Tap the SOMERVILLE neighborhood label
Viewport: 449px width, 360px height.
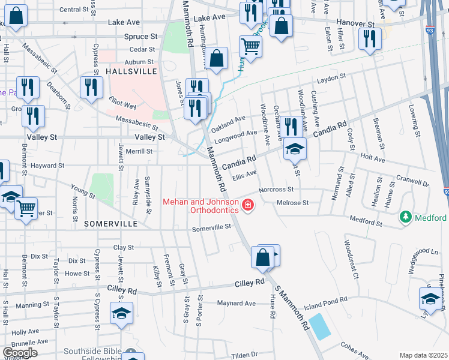[x=111, y=223]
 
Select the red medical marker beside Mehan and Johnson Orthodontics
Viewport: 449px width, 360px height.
[x=247, y=206]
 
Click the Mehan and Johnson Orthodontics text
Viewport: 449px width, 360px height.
[x=201, y=206]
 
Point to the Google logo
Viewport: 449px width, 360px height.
[x=20, y=353]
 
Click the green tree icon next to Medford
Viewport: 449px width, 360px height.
[x=406, y=217]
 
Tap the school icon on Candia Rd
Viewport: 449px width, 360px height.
[x=295, y=148]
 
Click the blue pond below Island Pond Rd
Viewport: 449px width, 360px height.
[x=320, y=326]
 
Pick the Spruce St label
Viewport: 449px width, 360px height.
[x=140, y=37]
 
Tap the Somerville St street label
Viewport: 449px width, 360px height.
[x=211, y=228]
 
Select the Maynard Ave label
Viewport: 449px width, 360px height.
[x=237, y=303]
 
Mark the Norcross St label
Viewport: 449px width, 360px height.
[x=276, y=190]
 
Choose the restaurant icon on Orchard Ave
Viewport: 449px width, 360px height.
[x=291, y=127]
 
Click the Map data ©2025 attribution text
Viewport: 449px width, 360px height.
[x=424, y=355]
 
